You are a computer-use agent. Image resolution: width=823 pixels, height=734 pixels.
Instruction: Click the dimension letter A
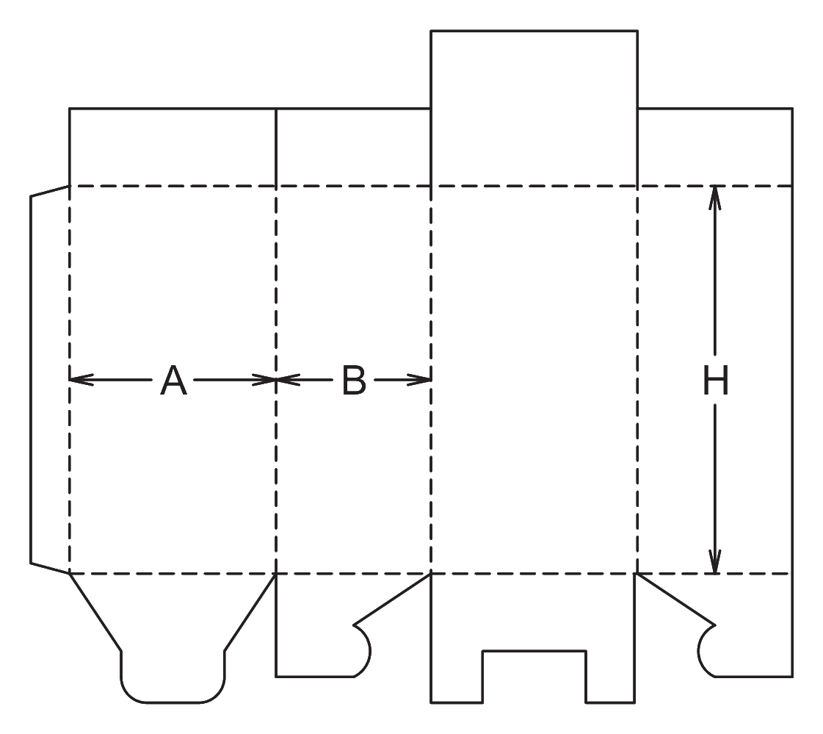[x=173, y=381]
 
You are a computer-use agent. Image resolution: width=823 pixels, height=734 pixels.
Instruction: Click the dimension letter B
[x=354, y=381]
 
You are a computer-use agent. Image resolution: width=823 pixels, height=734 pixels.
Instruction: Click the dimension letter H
[x=715, y=381]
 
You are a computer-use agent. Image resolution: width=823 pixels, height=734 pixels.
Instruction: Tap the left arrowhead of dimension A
[x=81, y=379]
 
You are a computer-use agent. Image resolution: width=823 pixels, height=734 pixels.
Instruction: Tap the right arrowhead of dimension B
[x=419, y=379]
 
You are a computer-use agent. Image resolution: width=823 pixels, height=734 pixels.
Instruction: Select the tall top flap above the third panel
[x=534, y=108]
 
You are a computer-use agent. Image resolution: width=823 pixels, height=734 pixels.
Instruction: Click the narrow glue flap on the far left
[x=50, y=379]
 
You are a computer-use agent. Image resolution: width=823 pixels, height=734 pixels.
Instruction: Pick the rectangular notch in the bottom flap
[x=534, y=677]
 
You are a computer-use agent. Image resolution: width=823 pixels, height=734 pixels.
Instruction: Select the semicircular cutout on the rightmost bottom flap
[x=706, y=651]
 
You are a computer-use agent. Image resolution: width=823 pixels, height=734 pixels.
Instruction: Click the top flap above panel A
[x=173, y=147]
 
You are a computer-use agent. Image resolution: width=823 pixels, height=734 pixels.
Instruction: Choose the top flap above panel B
[x=353, y=147]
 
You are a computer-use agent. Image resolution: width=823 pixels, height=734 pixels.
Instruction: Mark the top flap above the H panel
[x=715, y=147]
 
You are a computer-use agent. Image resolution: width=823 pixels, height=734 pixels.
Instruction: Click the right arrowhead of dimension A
[x=264, y=379]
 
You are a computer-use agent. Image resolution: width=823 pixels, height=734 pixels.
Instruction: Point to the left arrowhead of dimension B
[x=288, y=379]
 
